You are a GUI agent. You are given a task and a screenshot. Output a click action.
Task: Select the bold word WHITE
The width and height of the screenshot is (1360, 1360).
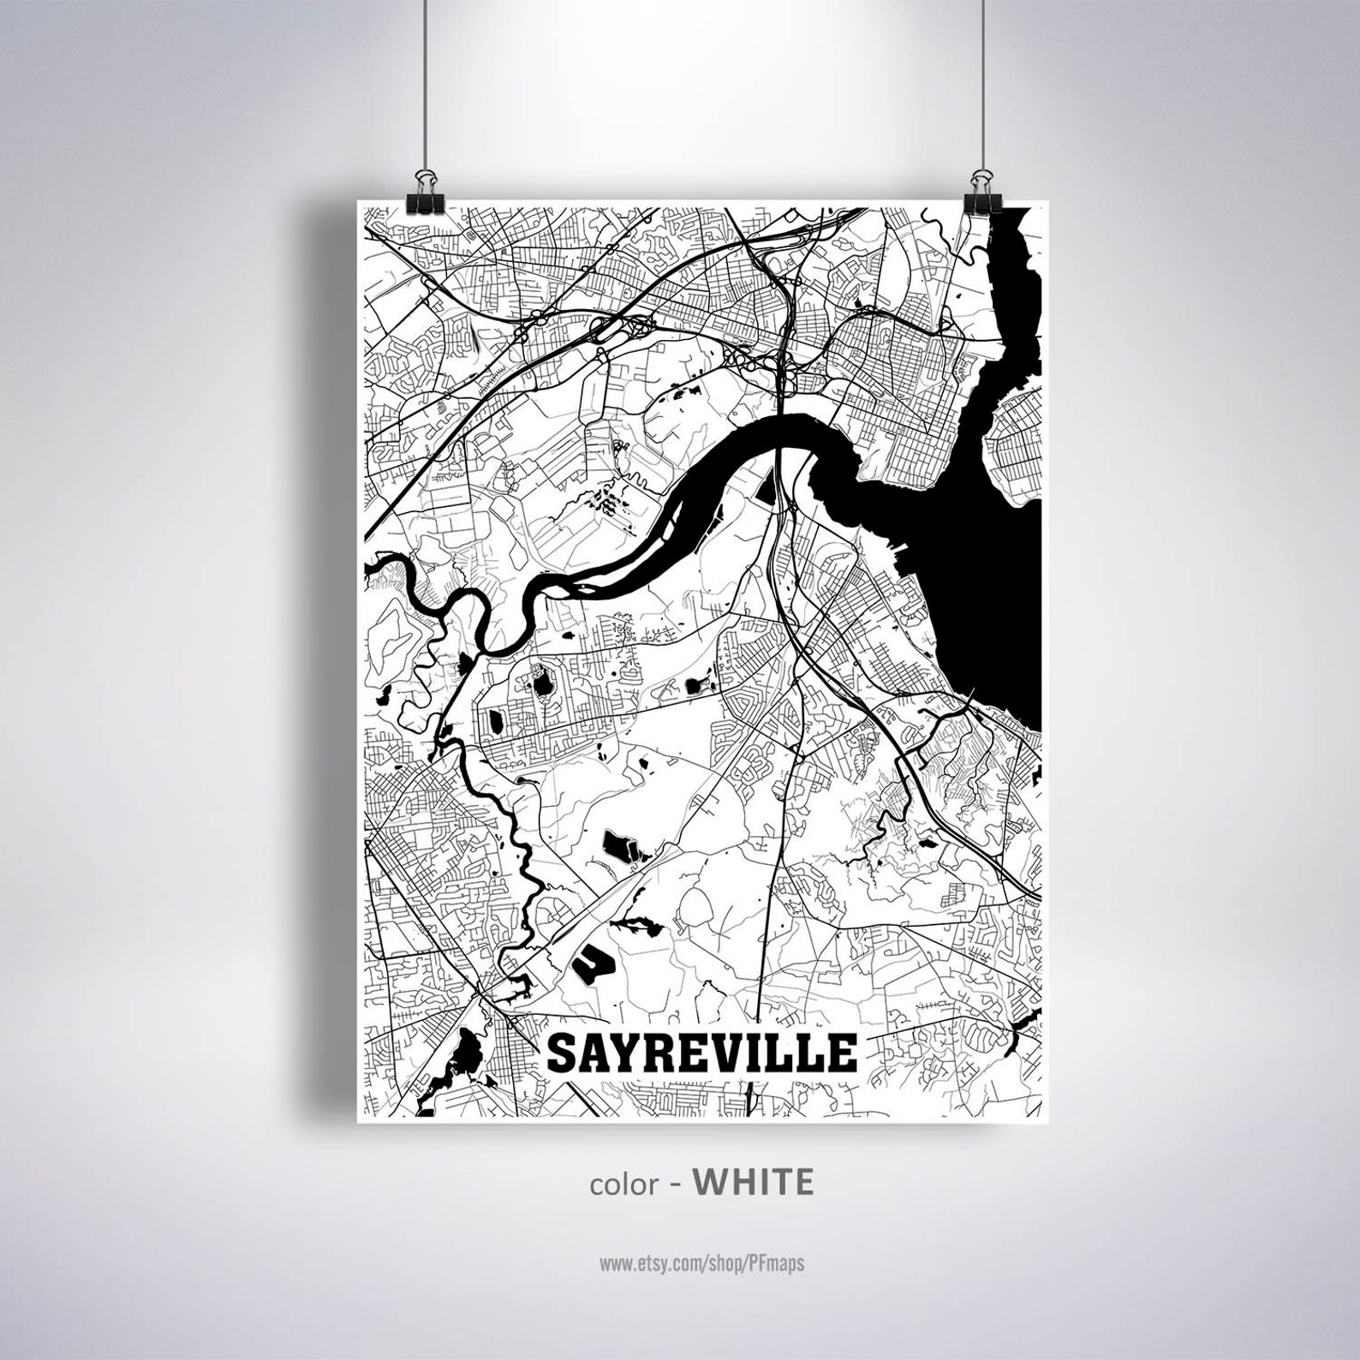pos(753,1182)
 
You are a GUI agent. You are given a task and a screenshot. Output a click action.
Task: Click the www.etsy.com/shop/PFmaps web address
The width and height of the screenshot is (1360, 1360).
pos(701,1262)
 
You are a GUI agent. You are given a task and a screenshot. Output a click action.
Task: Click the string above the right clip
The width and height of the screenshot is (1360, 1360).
pos(977,86)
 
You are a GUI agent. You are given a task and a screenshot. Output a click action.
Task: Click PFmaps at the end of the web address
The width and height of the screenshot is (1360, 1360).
pos(780,1262)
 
